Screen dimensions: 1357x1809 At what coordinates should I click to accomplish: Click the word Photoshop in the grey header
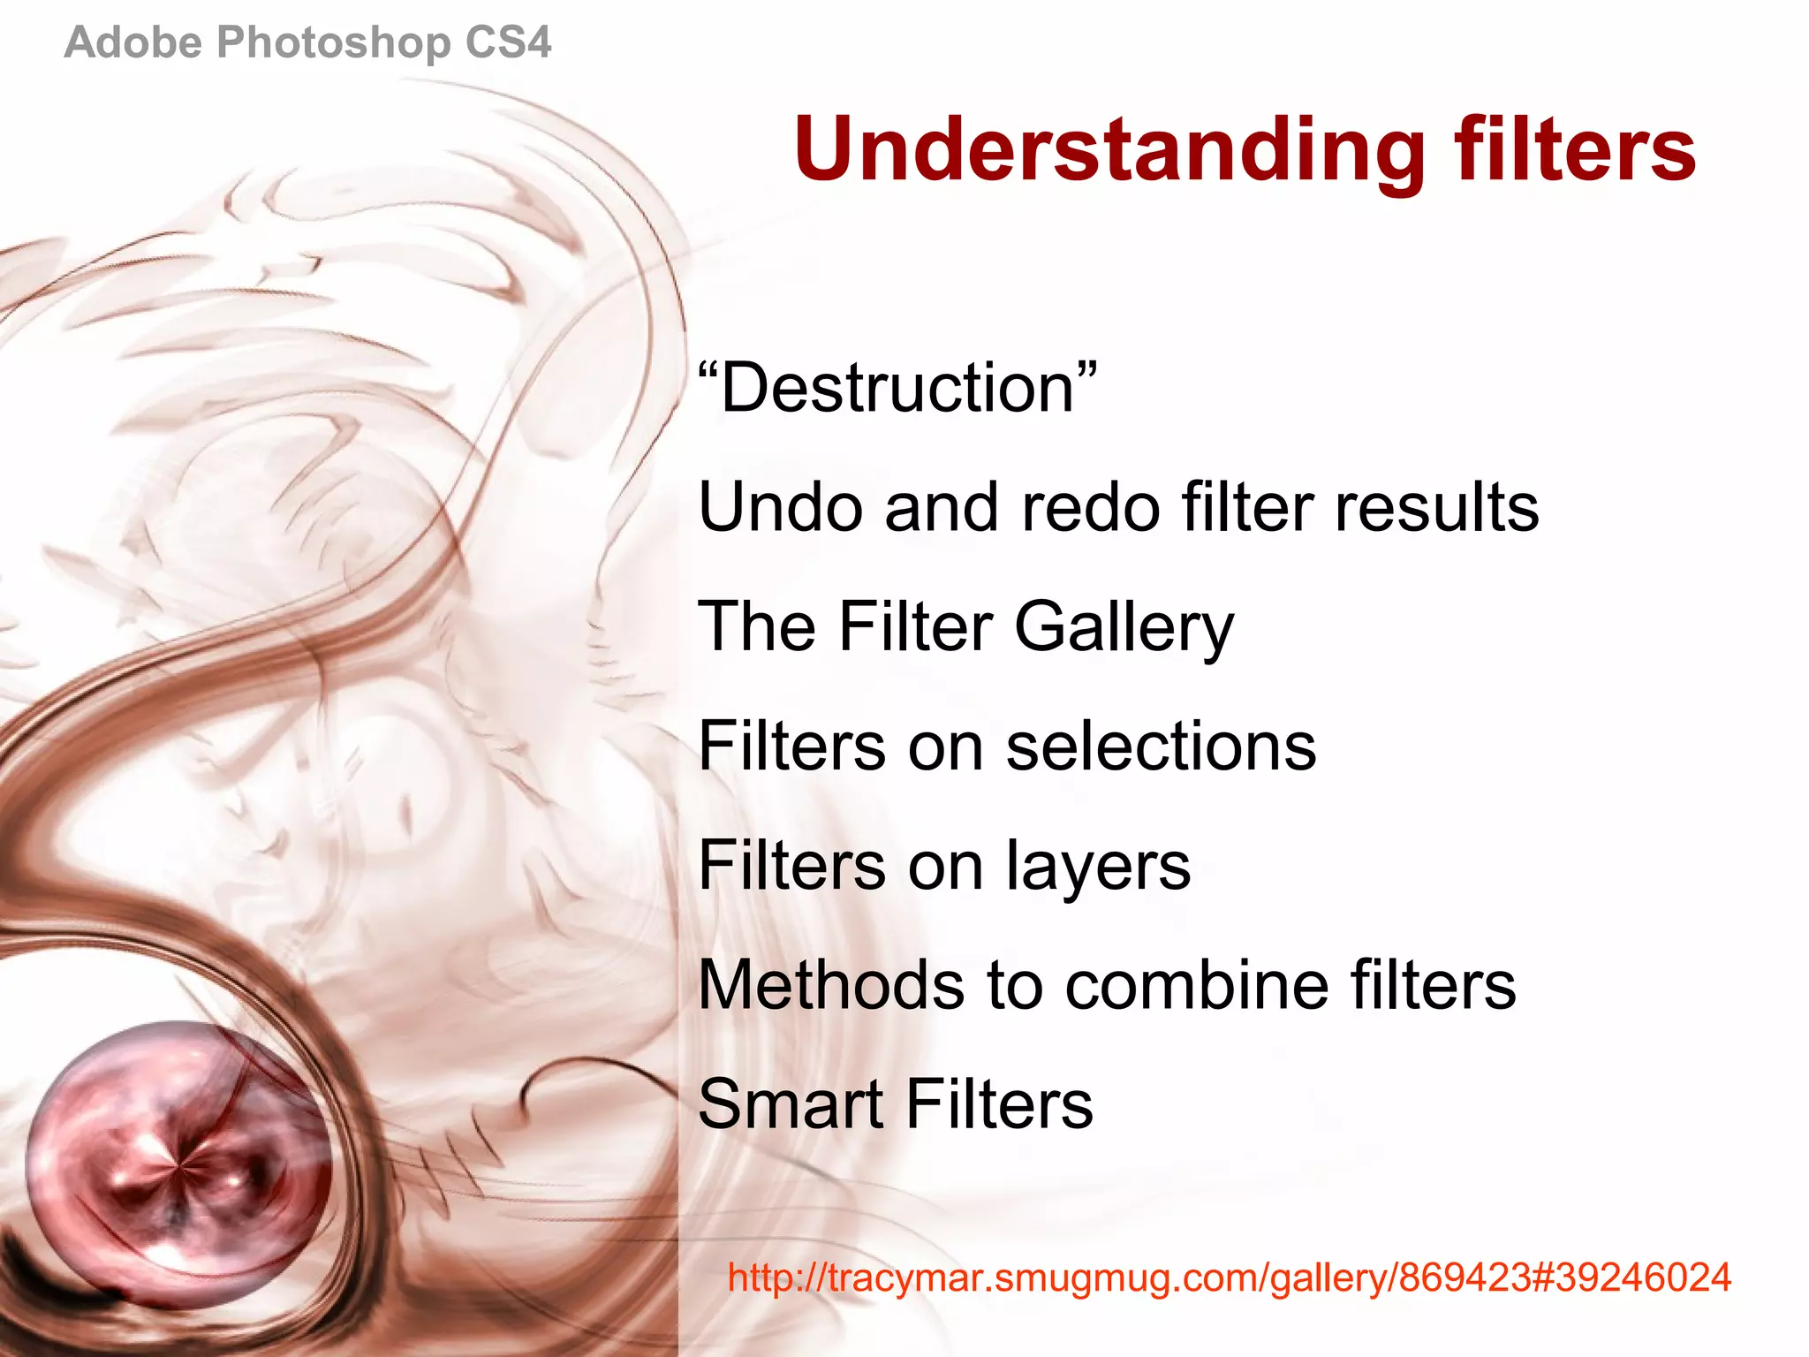[x=333, y=42]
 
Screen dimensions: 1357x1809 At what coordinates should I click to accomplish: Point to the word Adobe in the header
[x=133, y=42]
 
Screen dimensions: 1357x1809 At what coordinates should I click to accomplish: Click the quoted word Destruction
[x=897, y=389]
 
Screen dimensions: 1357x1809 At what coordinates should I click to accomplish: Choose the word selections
[x=1161, y=747]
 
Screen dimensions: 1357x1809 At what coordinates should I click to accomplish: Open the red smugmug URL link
[x=1229, y=1277]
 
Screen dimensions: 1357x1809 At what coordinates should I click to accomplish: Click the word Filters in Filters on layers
[x=791, y=866]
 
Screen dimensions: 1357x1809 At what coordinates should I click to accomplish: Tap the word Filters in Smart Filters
[x=999, y=1104]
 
